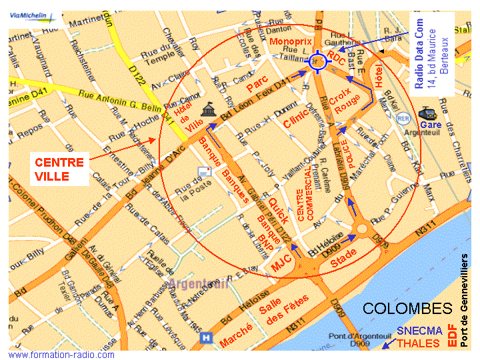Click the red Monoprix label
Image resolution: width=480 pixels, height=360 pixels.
coord(288,41)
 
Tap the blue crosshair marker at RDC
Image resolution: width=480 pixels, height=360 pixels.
coord(317,62)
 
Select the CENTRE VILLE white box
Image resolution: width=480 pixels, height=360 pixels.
coord(60,169)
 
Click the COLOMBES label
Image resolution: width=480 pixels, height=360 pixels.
coord(407,308)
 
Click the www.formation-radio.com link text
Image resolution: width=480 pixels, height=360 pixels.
coord(61,355)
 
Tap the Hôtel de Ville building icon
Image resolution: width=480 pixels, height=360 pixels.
coord(208,109)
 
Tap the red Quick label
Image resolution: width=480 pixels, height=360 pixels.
coord(279,209)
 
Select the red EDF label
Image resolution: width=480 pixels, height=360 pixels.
coord(453,335)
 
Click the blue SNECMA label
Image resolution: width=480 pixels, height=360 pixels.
coord(419,331)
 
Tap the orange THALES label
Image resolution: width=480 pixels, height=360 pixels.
coord(419,343)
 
